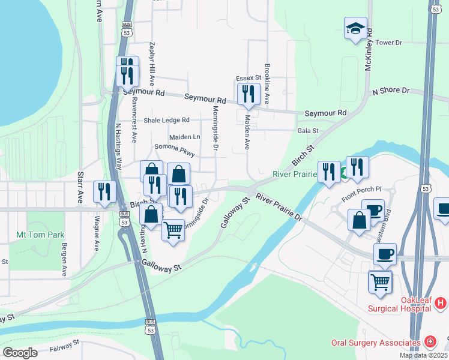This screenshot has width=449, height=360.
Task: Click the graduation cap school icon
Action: [355, 28]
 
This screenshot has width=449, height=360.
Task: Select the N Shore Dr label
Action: [390, 91]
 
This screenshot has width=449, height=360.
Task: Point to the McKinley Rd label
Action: [369, 49]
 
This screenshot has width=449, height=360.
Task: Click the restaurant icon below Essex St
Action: [247, 94]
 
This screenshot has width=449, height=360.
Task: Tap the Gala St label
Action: [307, 130]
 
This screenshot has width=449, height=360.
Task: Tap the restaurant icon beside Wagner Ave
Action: [104, 192]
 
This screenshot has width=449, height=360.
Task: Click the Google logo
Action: [20, 352]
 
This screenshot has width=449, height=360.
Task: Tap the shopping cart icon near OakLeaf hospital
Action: [381, 281]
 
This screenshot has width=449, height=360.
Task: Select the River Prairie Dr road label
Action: [279, 207]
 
